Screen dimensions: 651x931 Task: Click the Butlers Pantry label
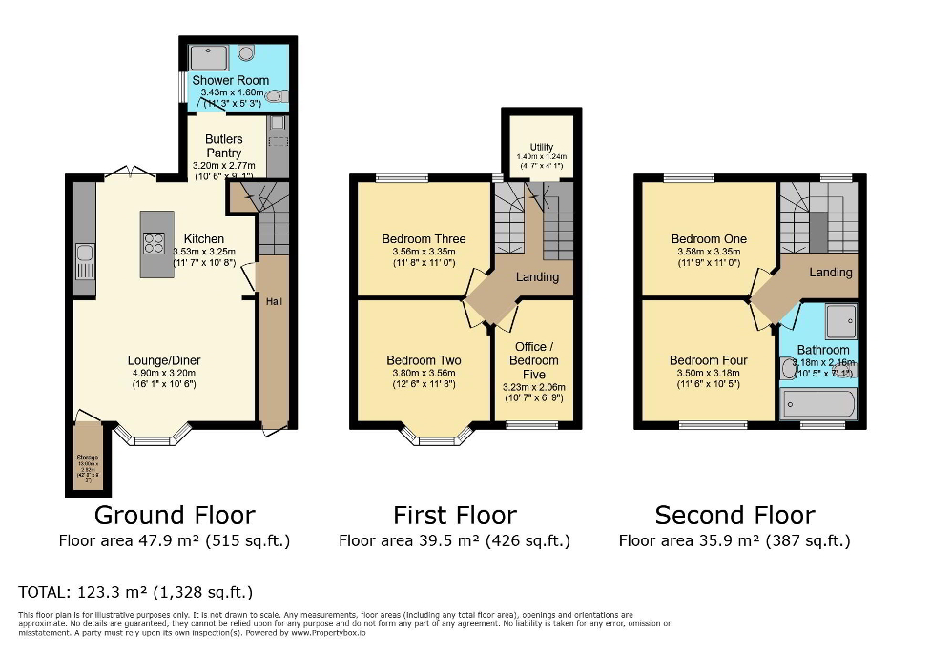pyautogui.click(x=224, y=146)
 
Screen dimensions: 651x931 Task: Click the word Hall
pyautogui.click(x=274, y=301)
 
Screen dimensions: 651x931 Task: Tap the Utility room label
pyautogui.click(x=541, y=147)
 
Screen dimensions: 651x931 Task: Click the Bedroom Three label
pyautogui.click(x=424, y=239)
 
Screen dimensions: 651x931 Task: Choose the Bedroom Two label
pyautogui.click(x=424, y=360)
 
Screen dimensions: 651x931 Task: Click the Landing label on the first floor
pyautogui.click(x=537, y=277)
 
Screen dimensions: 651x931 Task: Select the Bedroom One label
pyautogui.click(x=709, y=239)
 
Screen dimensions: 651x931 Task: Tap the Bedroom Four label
pyautogui.click(x=708, y=360)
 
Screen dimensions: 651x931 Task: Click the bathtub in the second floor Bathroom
pyautogui.click(x=818, y=405)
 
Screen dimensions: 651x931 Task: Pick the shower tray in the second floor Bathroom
pyautogui.click(x=840, y=320)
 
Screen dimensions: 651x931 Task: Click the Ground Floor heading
pyautogui.click(x=174, y=516)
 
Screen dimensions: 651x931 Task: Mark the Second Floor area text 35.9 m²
pyautogui.click(x=734, y=540)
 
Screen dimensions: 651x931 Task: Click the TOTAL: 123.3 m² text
pyautogui.click(x=135, y=592)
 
